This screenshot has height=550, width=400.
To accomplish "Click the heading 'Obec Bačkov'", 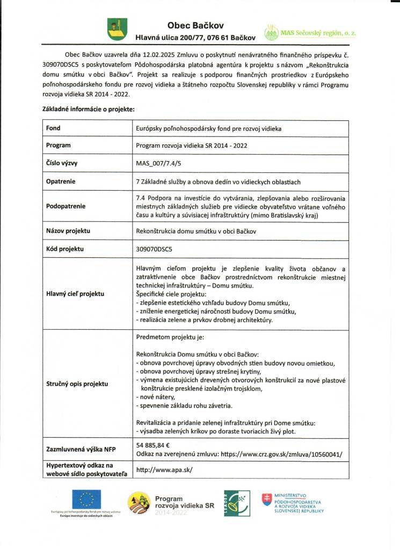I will coord(195,25).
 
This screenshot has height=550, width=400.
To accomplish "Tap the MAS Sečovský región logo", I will coord(310,33).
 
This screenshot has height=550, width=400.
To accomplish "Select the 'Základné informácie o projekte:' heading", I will coord(88,109).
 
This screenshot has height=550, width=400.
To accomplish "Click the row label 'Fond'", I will coord(54,128).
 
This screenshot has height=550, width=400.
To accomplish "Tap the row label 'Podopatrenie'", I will coord(66,206).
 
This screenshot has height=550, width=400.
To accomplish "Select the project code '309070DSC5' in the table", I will coord(155,249).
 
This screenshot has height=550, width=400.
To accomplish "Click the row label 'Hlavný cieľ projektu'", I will coord(75,294).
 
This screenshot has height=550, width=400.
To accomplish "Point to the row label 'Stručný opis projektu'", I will coord(77,384).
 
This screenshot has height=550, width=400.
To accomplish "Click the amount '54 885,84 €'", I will coord(154,445).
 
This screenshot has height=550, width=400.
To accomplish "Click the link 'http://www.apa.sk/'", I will coord(164,469).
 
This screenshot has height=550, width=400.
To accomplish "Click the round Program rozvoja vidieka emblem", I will coord(139,503).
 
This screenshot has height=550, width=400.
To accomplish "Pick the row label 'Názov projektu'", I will coord(68,231).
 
